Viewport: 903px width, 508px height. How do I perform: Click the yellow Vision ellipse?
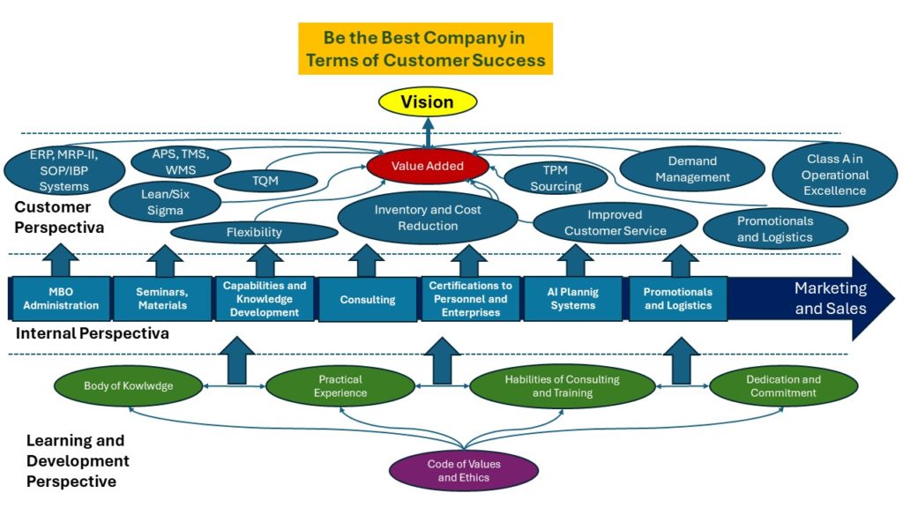coord(427,102)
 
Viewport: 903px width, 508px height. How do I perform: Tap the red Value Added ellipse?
coord(427,166)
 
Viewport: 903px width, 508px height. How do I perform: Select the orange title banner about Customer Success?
coord(425,49)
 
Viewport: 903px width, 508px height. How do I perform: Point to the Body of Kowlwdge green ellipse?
coord(128,386)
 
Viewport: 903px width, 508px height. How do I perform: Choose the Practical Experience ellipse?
coord(340,386)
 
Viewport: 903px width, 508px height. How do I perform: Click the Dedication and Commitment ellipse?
coord(783,386)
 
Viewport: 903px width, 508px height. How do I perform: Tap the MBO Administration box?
coord(61,299)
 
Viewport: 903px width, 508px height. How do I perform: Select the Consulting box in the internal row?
coord(368,300)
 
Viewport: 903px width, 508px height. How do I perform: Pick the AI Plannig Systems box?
coord(573,299)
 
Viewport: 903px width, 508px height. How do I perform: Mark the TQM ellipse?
coord(265,181)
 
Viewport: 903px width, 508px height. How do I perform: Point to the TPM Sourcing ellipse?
coord(556,179)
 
